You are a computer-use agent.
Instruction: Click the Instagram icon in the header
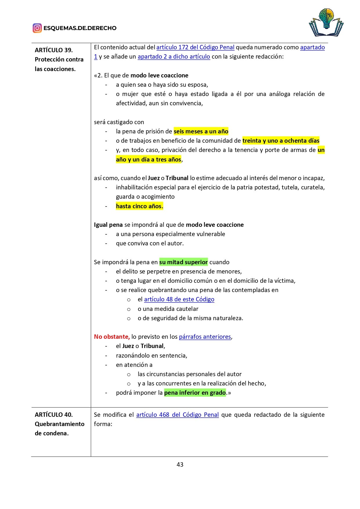37,28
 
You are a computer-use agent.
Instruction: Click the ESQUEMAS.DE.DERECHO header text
80,28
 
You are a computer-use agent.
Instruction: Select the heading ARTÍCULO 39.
54,50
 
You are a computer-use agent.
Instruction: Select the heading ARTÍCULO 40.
54,415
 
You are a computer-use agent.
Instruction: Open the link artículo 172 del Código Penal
195,47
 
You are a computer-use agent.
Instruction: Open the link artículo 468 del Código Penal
177,415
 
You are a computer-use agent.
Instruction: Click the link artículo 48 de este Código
179,299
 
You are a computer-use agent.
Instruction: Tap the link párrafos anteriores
205,337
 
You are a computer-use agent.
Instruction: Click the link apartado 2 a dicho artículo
174,57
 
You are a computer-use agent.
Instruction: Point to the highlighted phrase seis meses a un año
201,131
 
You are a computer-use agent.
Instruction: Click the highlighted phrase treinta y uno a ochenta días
281,141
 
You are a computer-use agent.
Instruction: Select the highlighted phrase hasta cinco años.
140,206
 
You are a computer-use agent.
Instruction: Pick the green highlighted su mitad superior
183,262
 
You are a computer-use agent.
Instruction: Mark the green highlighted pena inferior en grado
195,393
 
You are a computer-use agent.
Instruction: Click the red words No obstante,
112,337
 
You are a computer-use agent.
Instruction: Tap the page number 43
180,464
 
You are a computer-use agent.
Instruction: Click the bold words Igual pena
108,225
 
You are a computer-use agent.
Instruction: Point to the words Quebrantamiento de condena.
59,428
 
